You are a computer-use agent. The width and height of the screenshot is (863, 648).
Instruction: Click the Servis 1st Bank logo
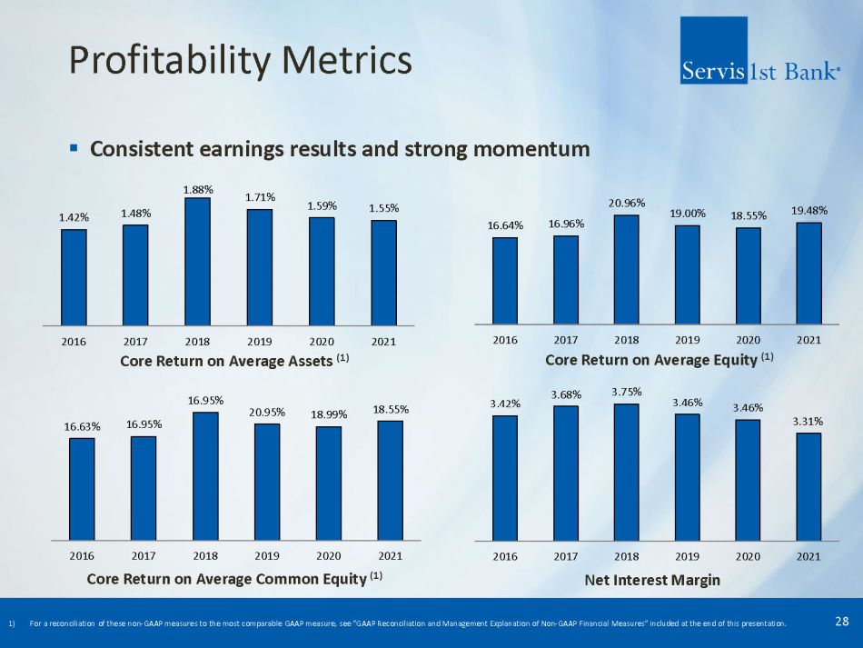759,52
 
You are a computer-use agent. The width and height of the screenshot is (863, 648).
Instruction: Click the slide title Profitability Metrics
241,61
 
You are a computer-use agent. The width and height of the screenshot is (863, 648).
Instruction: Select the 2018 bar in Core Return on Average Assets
197,261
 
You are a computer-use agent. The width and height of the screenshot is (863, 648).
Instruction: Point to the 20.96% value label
626,205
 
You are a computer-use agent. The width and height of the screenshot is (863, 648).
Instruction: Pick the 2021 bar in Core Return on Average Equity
808,273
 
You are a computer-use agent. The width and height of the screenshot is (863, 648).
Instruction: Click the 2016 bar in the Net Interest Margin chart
504,477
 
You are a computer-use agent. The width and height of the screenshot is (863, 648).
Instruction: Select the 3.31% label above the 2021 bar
808,421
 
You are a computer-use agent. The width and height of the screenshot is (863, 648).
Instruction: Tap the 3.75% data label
626,392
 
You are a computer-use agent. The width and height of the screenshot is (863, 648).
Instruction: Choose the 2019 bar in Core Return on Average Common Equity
267,482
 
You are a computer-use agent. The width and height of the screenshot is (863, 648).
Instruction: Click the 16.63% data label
82,425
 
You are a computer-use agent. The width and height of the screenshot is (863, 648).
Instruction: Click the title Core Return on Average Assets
226,361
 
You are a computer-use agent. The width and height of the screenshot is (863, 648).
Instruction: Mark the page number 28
841,622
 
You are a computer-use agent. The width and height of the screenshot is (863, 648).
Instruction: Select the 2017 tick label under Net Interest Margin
566,554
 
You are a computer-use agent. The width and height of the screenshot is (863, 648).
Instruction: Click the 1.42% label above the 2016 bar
74,217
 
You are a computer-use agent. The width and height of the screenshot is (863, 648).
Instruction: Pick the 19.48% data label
808,211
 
